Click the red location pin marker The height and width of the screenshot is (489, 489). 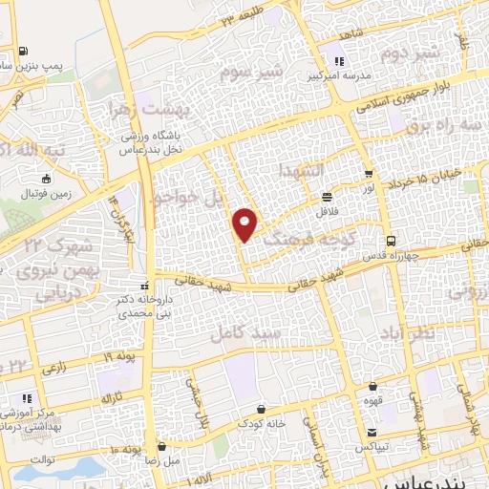pos(245,224)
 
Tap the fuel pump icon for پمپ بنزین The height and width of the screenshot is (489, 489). pos(23,51)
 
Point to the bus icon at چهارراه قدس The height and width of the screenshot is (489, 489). pos(390,241)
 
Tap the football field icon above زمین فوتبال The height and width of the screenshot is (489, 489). pos(45,178)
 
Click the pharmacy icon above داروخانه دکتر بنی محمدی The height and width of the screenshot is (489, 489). pos(144,285)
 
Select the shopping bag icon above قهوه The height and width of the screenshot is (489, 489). pos(372,387)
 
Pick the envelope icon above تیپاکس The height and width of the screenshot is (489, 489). pos(359,435)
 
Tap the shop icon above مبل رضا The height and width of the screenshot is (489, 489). pos(160,446)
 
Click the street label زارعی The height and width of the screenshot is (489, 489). pos(54,366)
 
